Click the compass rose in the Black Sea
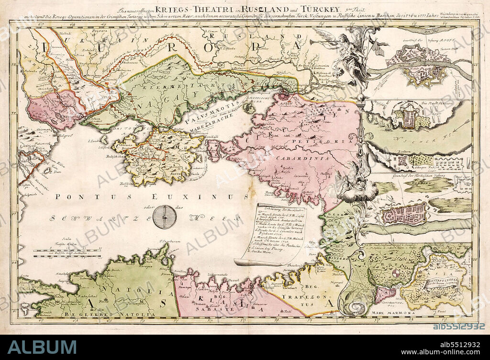click(165, 217)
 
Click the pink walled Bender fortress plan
click(402, 214)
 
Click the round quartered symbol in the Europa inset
click(397, 273)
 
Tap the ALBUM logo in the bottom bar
click(42, 347)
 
